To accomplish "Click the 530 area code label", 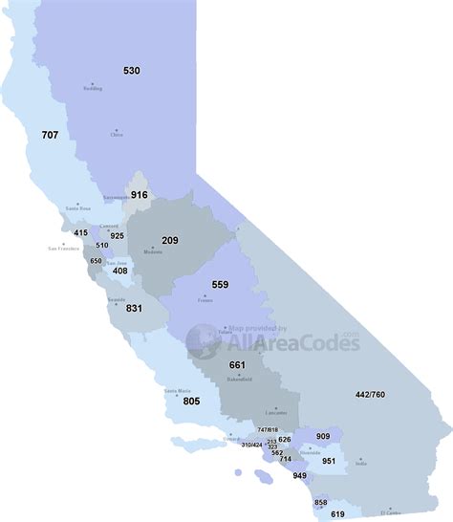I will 132,71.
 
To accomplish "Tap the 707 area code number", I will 50,136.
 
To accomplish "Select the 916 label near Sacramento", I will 140,195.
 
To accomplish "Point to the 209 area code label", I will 170,240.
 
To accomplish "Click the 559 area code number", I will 220,284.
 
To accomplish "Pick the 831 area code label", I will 133,308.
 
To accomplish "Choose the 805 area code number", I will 191,402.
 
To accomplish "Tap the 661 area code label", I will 238,366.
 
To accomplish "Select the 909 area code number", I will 322,437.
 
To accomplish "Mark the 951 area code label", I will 329,460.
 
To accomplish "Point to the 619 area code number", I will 337,514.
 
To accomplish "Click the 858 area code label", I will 320,502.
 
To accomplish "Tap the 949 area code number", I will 300,475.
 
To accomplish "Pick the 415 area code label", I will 80,232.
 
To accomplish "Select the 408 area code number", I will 120,272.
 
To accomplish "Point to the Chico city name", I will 117,135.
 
